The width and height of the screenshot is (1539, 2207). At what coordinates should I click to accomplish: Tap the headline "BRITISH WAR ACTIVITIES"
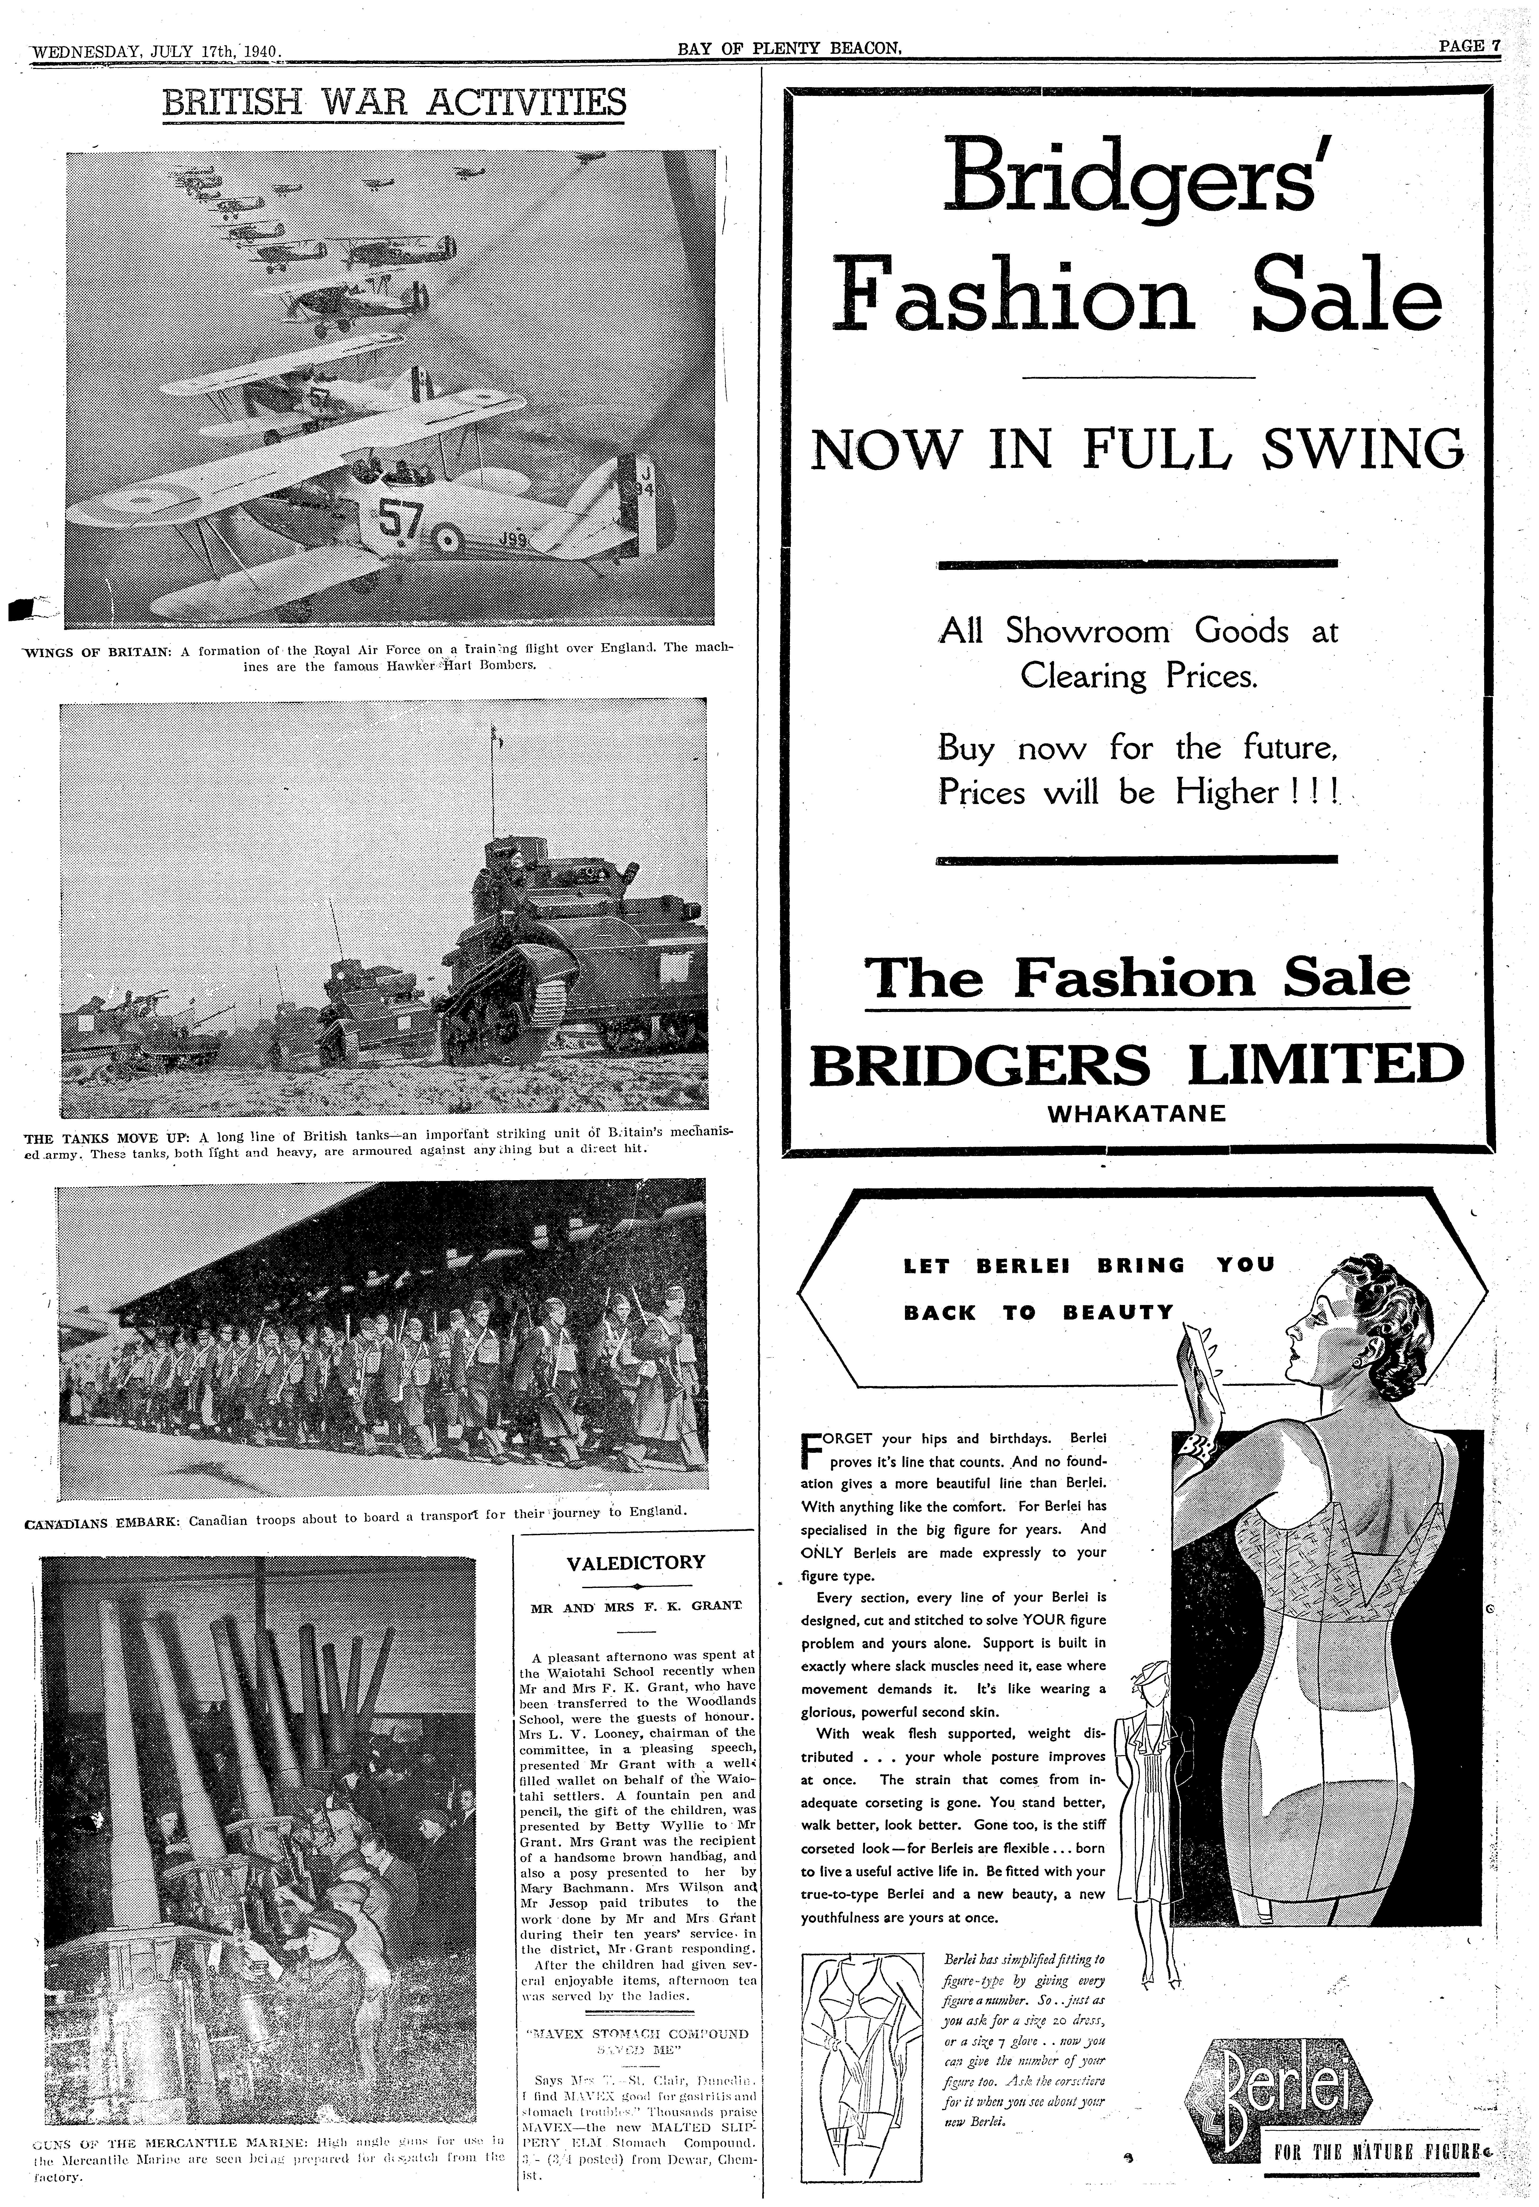coord(394,104)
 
